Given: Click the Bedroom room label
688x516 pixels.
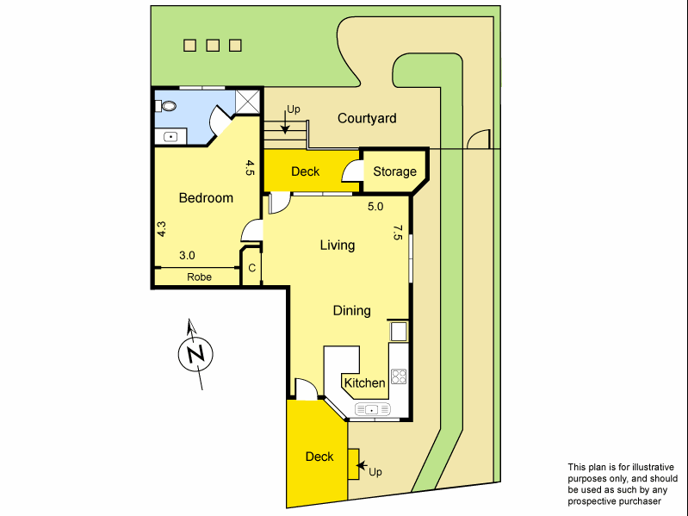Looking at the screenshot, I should point(206,198).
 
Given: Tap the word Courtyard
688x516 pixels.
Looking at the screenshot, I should point(367,118).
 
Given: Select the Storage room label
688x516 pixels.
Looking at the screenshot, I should point(394,171).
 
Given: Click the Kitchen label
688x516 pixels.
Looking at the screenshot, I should point(364,382).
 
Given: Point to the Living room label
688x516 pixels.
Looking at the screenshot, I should point(338,246).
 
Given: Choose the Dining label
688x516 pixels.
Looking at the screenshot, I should point(351,310).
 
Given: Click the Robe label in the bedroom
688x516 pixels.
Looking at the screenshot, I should point(199,277).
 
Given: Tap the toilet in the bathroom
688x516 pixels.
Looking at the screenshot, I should point(167,106).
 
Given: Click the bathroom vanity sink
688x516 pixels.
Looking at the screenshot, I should point(170,135).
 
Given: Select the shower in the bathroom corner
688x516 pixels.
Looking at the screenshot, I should point(248,103).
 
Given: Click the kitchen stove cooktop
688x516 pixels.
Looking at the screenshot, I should point(399,376).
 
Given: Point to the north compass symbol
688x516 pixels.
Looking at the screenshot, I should point(195,354).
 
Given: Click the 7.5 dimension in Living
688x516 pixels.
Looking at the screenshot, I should point(397,233).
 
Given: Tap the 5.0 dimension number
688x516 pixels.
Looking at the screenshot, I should point(375,208).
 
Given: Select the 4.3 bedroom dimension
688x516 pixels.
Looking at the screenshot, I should point(161,229).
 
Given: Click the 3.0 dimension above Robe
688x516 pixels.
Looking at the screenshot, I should point(187,255).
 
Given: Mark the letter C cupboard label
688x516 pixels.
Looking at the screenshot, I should point(251,269).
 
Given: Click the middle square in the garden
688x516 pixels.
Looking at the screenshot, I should point(213,46).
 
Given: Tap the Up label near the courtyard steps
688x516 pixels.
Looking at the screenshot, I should point(293,109).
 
